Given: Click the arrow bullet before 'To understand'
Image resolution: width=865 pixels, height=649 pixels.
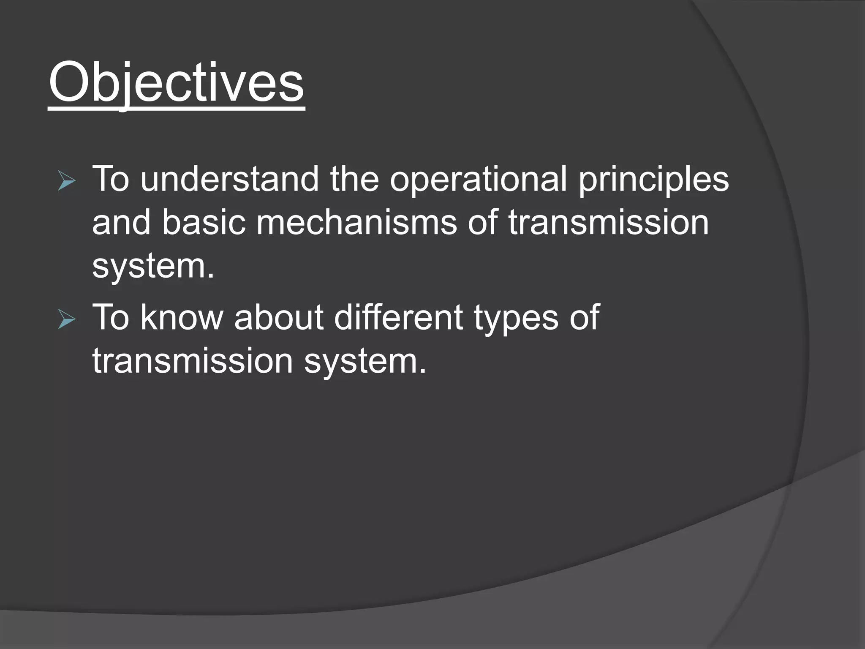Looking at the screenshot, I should [x=66, y=182].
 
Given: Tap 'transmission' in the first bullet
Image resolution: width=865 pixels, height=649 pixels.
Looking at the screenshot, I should [x=608, y=223].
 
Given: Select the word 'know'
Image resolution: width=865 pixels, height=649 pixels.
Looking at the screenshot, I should [x=181, y=318].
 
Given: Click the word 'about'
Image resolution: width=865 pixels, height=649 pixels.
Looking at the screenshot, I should [x=278, y=318].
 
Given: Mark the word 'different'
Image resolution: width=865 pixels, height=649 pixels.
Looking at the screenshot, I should [x=398, y=318].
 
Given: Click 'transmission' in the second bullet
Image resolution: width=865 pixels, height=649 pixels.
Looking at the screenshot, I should [x=193, y=362].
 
